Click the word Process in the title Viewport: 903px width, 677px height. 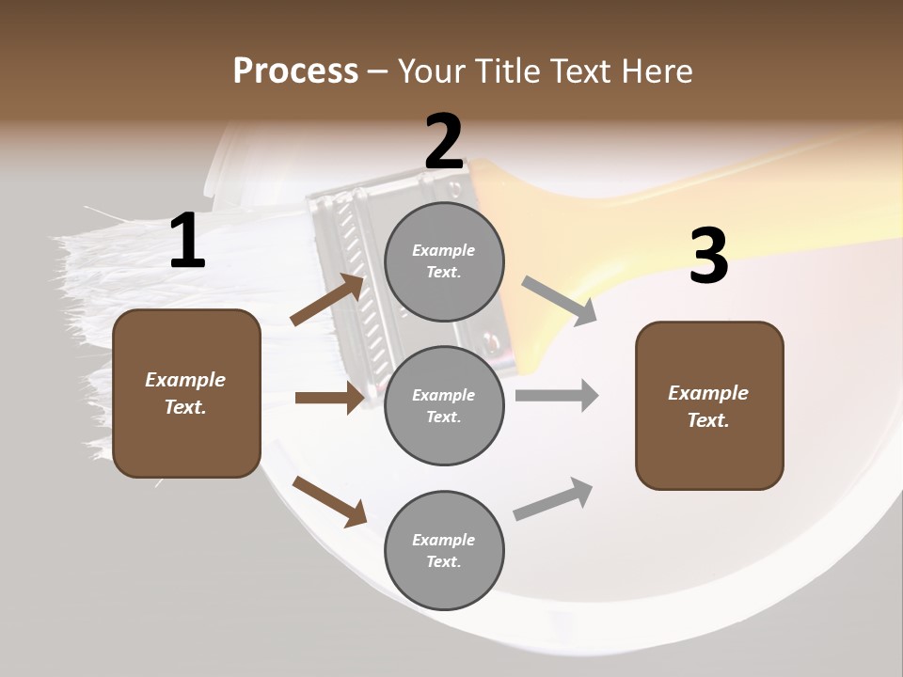click(295, 71)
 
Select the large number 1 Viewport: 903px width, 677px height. click(187, 242)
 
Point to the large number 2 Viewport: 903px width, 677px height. click(444, 142)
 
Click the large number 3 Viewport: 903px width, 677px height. click(708, 256)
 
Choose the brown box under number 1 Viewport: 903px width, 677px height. click(186, 393)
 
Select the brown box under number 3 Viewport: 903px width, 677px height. click(709, 405)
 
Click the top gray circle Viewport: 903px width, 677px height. click(444, 261)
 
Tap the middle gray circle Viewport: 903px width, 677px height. click(444, 405)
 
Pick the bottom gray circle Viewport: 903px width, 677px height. click(444, 550)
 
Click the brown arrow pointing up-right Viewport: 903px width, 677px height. click(326, 299)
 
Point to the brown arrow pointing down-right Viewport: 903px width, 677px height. click(329, 500)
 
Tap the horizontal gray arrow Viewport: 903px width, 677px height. click(557, 396)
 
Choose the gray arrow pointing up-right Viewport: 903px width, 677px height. click(553, 498)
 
